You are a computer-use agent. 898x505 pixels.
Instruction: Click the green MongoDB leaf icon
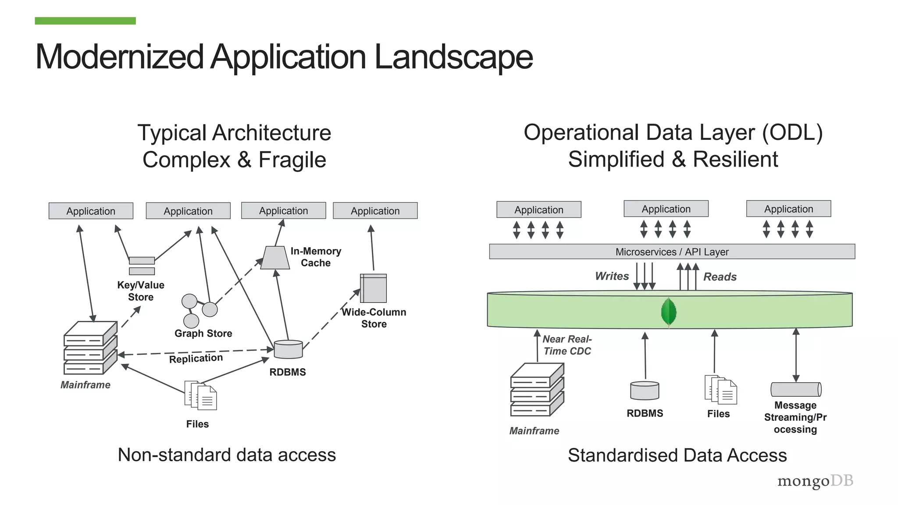(x=668, y=312)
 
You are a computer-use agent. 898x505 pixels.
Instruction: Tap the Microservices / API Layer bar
(x=672, y=252)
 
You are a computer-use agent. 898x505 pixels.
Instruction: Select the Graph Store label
(x=203, y=333)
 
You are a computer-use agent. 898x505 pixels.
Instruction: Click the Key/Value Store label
(x=141, y=291)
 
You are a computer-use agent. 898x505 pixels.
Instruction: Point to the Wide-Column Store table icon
(x=373, y=288)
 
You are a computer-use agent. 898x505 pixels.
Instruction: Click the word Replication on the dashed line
(x=196, y=359)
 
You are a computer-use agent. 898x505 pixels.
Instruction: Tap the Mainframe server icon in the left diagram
(x=90, y=348)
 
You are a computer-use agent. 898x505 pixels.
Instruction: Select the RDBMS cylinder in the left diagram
(x=288, y=349)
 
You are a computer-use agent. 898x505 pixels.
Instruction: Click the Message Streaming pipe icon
(x=796, y=389)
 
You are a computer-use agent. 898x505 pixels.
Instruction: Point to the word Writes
(x=612, y=276)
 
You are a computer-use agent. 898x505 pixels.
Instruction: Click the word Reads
(x=720, y=277)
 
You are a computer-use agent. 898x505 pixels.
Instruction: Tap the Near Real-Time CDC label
(x=567, y=345)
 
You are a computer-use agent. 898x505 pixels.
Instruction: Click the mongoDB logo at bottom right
(x=815, y=481)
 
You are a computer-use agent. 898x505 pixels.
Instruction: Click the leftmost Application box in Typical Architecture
(x=91, y=211)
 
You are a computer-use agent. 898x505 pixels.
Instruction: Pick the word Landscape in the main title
(x=453, y=57)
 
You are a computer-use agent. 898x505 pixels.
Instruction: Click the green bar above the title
(x=85, y=21)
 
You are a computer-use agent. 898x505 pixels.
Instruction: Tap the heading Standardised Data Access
(x=677, y=455)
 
